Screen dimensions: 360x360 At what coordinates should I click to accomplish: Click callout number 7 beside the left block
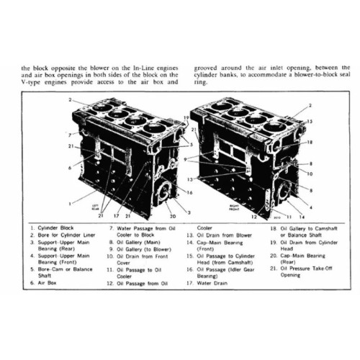tap(63, 135)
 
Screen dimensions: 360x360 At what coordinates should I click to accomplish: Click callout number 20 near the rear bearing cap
tap(173, 215)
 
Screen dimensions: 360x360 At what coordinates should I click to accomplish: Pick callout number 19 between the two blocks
tap(185, 117)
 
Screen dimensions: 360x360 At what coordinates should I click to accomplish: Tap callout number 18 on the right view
tap(310, 143)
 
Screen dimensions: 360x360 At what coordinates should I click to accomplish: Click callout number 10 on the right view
tap(310, 174)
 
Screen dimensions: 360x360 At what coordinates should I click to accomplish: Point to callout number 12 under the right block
tap(255, 215)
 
